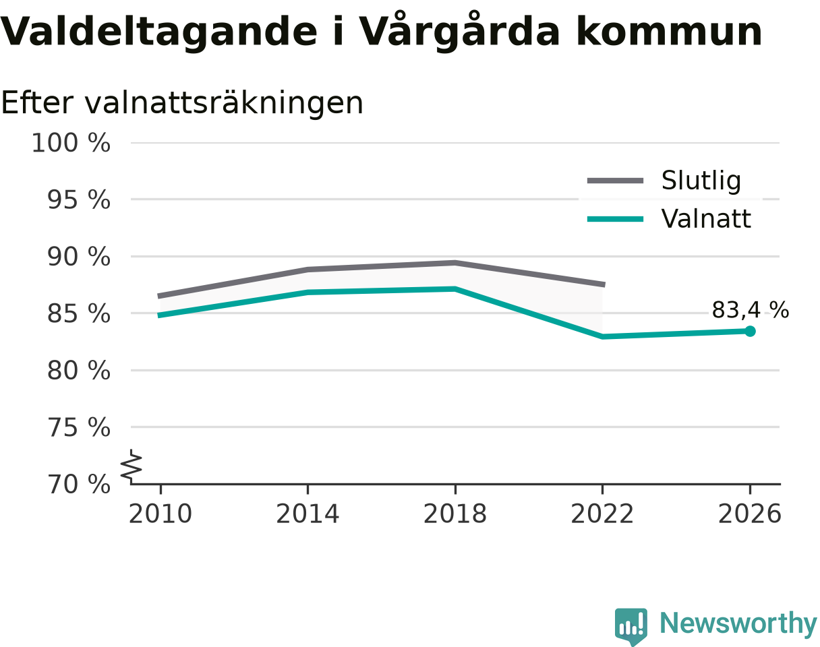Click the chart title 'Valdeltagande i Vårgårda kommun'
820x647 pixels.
pos(380,32)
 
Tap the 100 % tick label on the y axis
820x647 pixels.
pos(71,143)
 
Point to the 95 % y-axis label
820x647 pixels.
pos(78,199)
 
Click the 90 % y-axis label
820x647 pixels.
pos(78,257)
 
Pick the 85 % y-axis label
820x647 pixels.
pos(78,313)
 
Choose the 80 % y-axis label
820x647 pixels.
pos(78,371)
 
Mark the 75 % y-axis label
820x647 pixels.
pos(78,427)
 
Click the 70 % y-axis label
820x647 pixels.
pos(78,485)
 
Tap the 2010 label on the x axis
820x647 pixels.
pos(160,514)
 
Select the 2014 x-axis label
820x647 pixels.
pos(307,514)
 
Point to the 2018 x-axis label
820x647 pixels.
pos(455,514)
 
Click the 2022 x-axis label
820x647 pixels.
pos(602,514)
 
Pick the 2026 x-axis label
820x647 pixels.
pos(749,514)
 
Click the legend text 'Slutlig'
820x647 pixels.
pos(701,180)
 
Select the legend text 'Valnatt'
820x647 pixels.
pos(706,219)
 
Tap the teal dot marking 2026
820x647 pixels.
pos(750,332)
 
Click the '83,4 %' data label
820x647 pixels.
pos(751,310)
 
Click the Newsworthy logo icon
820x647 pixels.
pos(631,625)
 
